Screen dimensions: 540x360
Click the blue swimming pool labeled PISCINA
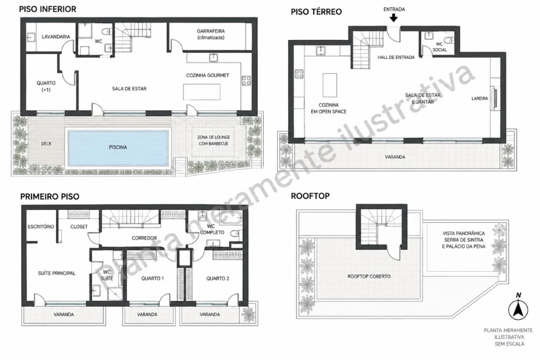[118, 147]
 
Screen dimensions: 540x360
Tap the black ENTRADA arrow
[394, 17]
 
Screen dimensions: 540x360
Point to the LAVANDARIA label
[56, 36]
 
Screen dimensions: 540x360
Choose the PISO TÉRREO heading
[316, 11]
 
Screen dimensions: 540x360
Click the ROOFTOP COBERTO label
[369, 276]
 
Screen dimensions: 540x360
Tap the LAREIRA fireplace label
[479, 98]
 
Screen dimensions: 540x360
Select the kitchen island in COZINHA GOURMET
[202, 92]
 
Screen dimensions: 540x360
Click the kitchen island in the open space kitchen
[330, 85]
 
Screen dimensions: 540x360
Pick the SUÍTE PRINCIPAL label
[57, 273]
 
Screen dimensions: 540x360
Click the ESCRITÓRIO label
[41, 226]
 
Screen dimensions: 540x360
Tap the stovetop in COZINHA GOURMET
[246, 81]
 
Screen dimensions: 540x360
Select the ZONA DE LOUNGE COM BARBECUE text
[214, 140]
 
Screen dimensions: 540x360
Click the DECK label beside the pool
[46, 143]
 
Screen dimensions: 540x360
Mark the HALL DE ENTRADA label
[396, 57]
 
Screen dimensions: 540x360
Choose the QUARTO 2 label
[218, 278]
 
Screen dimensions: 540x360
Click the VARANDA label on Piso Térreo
[395, 157]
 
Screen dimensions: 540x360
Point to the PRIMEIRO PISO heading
[50, 196]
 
